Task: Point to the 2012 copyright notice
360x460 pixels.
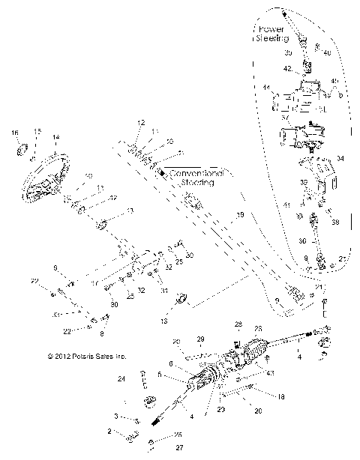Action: [x=82, y=357]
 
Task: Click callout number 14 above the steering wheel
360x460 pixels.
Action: [x=55, y=137]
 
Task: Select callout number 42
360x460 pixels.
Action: [x=287, y=68]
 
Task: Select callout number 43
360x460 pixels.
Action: [x=270, y=372]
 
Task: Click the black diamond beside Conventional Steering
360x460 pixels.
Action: [x=161, y=172]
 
